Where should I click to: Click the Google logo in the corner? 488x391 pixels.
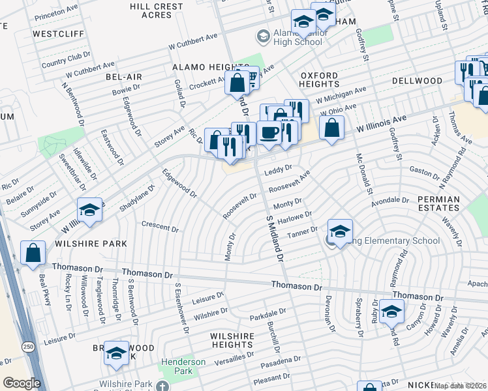tap(21, 383)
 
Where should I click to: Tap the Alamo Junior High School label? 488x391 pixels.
tap(290, 37)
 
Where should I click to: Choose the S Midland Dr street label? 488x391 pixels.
tap(275, 237)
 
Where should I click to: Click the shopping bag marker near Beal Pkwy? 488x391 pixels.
tap(33, 253)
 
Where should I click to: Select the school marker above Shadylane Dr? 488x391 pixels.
tap(90, 210)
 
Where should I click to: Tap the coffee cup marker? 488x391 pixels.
tap(268, 132)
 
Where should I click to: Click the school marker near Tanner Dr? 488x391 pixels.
tap(340, 231)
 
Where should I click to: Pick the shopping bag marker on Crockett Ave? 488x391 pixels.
tap(236, 82)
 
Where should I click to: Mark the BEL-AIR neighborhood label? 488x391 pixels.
tap(124, 77)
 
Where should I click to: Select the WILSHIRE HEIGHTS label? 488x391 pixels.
tap(231, 340)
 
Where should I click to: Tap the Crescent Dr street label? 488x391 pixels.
tap(160, 227)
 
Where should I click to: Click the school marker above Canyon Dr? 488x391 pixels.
tap(391, 312)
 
